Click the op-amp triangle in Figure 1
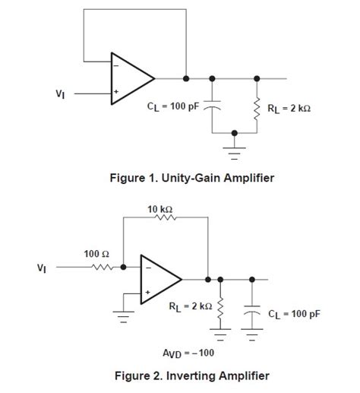131,78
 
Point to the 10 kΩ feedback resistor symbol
165,217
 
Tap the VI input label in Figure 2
41,268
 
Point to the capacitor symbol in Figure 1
211,107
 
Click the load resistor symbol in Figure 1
257,107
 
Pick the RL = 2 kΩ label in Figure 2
186,306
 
